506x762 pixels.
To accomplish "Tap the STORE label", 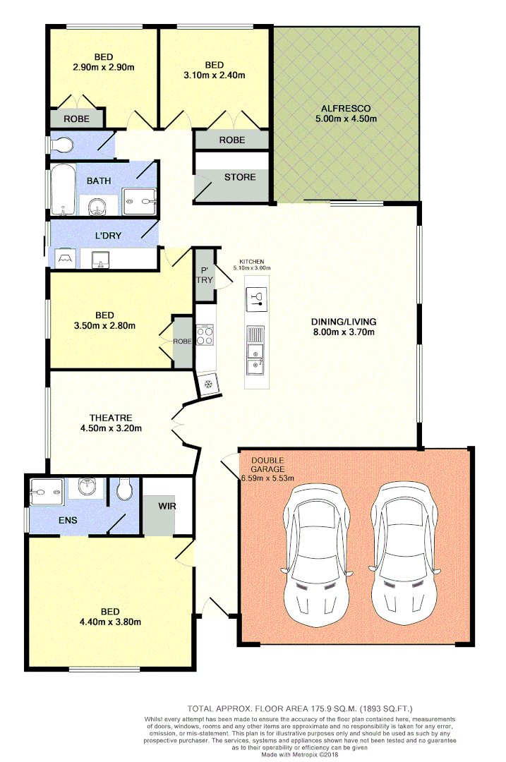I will coord(240,176).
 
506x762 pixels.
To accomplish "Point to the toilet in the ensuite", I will coord(125,488).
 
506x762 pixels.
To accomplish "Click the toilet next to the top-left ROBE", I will coord(64,145).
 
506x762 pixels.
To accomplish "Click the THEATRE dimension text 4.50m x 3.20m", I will coord(112,428).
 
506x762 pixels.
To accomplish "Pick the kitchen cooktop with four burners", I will coord(205,336).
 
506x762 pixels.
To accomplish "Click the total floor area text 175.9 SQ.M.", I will coord(301,708).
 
